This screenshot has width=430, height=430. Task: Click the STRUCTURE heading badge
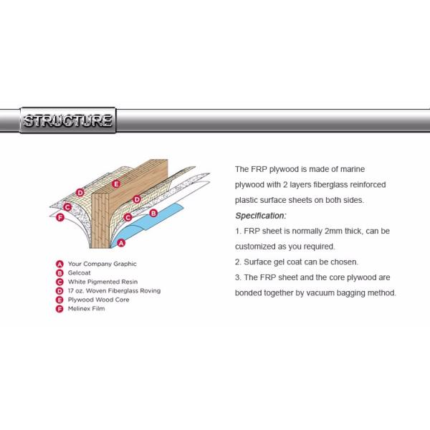[x=68, y=120]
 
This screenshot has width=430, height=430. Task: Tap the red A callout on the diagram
[x=121, y=243]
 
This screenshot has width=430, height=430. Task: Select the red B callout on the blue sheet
[x=153, y=213]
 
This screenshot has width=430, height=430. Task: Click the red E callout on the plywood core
[x=116, y=183]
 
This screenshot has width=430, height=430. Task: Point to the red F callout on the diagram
[x=60, y=217]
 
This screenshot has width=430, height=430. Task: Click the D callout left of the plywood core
[x=80, y=193]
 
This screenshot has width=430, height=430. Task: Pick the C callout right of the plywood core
[x=128, y=217]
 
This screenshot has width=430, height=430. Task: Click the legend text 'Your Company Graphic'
[x=102, y=264]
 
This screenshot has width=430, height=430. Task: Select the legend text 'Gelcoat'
[x=80, y=273]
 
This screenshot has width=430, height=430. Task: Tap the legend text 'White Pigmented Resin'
[x=102, y=282]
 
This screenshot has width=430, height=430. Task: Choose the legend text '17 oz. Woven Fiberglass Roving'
[x=114, y=291]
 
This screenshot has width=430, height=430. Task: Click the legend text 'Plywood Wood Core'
[x=98, y=300]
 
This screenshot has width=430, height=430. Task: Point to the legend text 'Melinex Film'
[x=87, y=308]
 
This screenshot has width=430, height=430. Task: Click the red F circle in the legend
[x=59, y=309]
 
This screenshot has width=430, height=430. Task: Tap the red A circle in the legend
[x=59, y=264]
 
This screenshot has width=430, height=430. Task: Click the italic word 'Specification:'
[x=261, y=216]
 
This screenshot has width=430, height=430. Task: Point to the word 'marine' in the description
[x=353, y=169]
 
